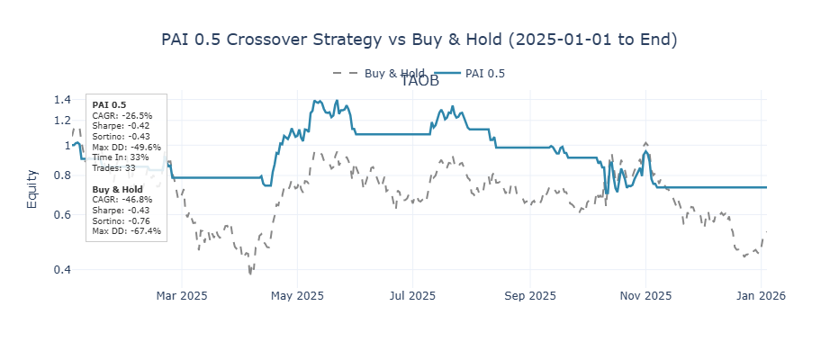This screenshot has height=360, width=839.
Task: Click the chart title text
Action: [x=419, y=40]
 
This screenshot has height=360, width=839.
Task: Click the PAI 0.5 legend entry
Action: [x=484, y=74]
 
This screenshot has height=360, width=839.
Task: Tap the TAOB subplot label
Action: [x=419, y=81]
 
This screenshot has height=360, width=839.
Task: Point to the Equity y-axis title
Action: [x=32, y=189]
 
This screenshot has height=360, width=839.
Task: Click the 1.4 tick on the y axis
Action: [x=62, y=100]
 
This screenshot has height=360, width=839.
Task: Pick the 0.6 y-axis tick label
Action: [x=62, y=215]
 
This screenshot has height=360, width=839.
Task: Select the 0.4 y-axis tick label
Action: [x=62, y=270]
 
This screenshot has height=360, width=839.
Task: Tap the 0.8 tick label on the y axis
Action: [x=62, y=175]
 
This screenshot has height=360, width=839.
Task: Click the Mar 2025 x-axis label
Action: [x=182, y=295]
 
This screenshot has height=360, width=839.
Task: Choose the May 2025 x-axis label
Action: [x=297, y=295]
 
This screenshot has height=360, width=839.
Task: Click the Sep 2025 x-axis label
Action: [x=529, y=295]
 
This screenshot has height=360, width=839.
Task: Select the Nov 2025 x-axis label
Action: [x=645, y=295]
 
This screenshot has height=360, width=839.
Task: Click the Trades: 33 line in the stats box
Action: [x=113, y=168]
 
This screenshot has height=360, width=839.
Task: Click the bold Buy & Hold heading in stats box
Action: [x=117, y=189]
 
